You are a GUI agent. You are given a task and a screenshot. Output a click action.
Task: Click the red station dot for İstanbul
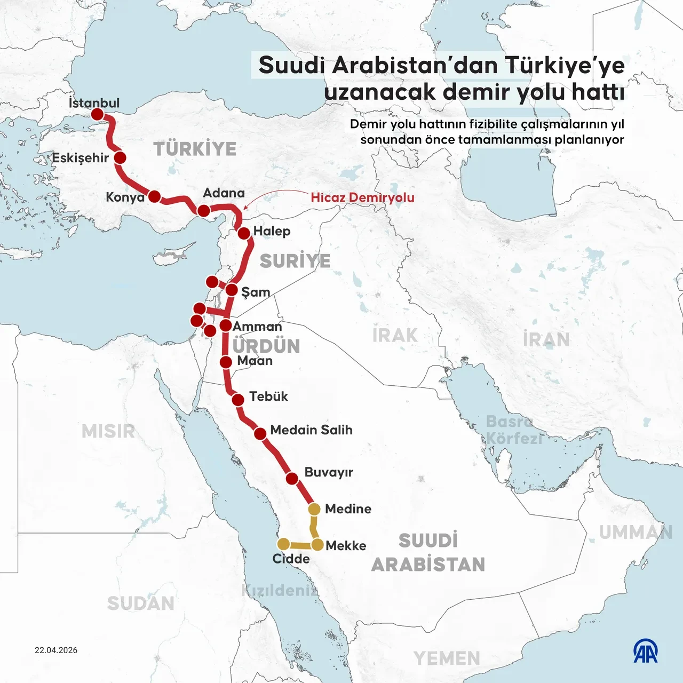click(97, 114)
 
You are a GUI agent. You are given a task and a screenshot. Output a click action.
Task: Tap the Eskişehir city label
click(80, 158)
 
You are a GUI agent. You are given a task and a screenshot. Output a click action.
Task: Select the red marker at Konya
click(154, 196)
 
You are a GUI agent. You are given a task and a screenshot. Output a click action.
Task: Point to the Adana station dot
click(203, 211)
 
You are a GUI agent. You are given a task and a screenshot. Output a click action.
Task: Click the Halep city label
click(272, 231)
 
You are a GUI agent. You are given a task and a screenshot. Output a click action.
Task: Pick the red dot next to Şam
click(232, 290)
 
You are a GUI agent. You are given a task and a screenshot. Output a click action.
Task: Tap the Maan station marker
click(226, 362)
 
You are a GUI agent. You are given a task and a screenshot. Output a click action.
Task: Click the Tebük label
click(268, 396)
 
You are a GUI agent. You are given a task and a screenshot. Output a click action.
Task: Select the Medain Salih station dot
click(260, 434)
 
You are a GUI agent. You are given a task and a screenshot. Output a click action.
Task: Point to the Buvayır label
click(329, 472)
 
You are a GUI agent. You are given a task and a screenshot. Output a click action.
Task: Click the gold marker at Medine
click(314, 509)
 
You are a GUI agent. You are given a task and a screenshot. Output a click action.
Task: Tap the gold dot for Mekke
click(317, 545)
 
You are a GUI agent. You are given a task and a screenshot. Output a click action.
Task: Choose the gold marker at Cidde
click(283, 544)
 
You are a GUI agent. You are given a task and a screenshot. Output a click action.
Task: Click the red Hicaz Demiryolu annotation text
click(362, 197)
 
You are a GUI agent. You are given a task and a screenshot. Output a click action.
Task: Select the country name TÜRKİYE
click(195, 149)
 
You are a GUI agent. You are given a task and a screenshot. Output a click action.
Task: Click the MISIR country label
click(108, 431)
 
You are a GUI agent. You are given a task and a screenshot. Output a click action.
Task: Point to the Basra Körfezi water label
click(513, 430)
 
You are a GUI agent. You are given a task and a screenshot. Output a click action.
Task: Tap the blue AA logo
click(646, 651)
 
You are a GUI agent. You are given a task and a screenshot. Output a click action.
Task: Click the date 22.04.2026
click(56, 650)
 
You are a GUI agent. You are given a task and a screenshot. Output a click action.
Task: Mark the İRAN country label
click(546, 339)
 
